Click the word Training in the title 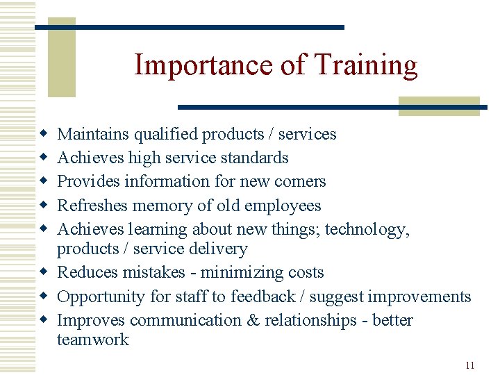point(366,66)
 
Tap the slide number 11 point(469,366)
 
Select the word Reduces point(87,272)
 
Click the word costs point(304,272)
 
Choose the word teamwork point(92,340)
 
